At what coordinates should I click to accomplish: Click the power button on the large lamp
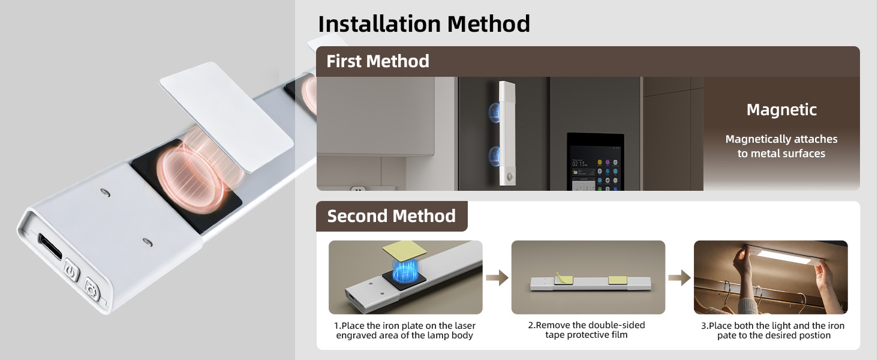71,270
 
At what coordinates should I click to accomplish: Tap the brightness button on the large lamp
92,289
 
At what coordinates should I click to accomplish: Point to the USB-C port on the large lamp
50,246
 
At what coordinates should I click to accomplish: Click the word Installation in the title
379,24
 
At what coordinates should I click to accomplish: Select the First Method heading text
377,61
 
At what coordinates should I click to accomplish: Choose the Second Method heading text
391,216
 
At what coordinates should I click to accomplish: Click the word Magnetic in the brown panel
781,110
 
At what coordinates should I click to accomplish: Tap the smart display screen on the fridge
596,161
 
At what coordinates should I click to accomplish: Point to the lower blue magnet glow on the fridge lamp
495,157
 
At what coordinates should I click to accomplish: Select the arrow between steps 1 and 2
497,278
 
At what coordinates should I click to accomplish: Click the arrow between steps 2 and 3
679,278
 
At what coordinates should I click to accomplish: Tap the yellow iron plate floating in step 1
404,250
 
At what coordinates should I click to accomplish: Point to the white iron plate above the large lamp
226,116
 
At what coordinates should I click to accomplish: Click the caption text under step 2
587,330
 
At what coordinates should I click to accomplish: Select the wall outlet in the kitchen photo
358,188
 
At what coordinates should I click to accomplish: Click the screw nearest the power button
147,242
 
